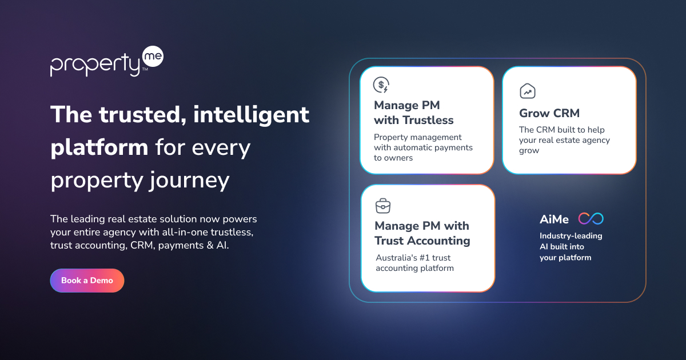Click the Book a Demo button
coord(87,281)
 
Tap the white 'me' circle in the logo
coord(153,57)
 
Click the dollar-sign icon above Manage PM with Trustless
coord(381,85)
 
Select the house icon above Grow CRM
coord(527,91)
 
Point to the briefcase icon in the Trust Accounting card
coord(383,206)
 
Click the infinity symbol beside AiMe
coord(591,218)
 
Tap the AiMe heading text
coord(554,219)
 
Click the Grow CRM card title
coord(549,113)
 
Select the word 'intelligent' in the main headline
coord(251,115)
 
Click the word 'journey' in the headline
coord(190,181)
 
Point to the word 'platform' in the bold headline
coord(99,148)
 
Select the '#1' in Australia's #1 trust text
coord(424,258)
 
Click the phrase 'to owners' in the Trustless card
coord(393,158)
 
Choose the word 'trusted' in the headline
coord(142,115)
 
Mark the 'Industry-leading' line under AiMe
coord(571,236)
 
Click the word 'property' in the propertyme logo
coord(95,64)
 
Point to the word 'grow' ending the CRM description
coord(529,151)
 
